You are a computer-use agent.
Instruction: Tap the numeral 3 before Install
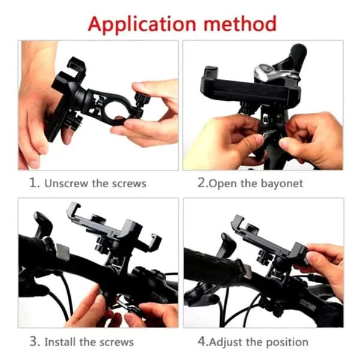click(x=34, y=342)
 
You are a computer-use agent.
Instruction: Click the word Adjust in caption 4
click(x=226, y=342)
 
